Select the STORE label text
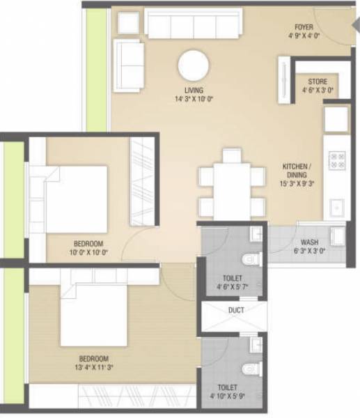[317, 82]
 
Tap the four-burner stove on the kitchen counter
[338, 161]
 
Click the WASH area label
[310, 242]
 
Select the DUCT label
[236, 310]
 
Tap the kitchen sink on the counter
[338, 206]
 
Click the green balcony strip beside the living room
[95, 70]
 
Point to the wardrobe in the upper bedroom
[141, 181]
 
